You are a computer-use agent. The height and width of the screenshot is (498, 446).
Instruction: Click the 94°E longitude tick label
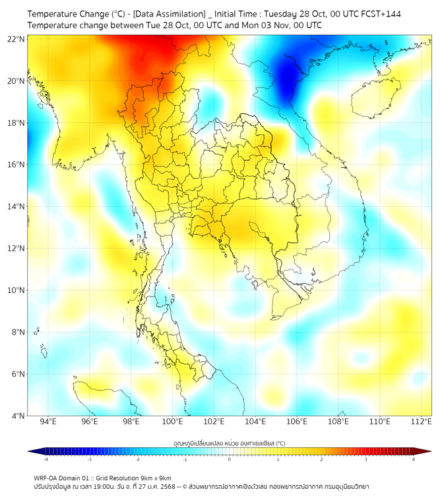tap(48, 422)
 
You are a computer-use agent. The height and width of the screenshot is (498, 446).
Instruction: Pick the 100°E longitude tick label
tap(172, 422)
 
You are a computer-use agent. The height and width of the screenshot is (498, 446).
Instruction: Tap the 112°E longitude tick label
tap(421, 422)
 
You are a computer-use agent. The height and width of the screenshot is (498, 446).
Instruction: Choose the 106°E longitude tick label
tap(297, 422)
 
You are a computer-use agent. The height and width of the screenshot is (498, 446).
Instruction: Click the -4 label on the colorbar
tap(45, 460)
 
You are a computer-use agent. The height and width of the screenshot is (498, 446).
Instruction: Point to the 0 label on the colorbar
tap(230, 460)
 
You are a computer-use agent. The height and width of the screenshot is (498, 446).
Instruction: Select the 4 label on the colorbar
tap(414, 460)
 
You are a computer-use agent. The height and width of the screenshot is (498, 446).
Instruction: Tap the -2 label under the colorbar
tap(137, 460)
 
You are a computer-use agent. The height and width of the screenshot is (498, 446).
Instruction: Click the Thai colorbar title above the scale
tap(229, 443)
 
